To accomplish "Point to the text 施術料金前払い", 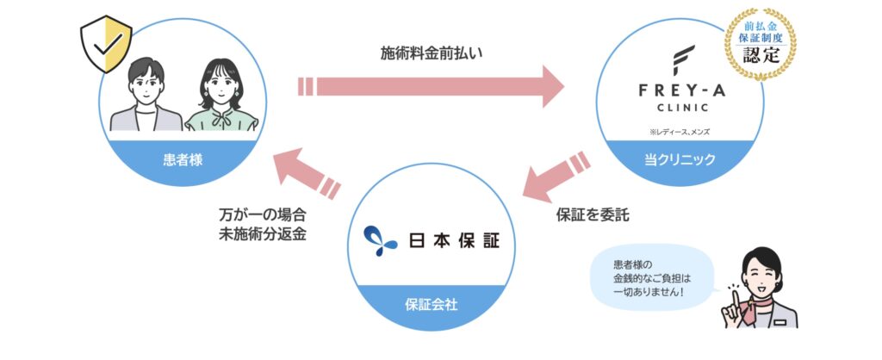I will [x=432, y=53].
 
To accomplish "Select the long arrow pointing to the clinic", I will [x=431, y=87].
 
